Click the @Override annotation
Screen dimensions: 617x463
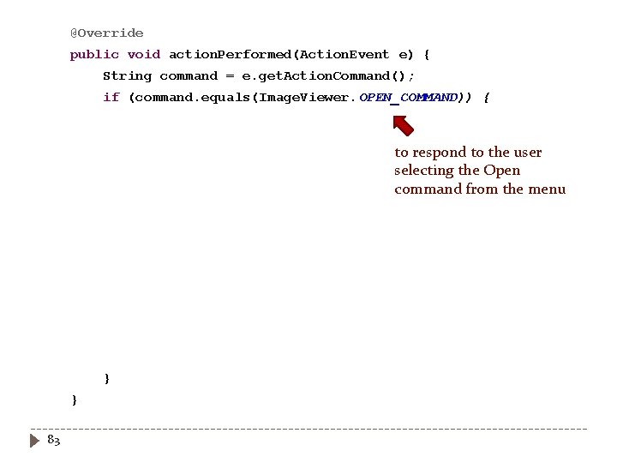tap(107, 33)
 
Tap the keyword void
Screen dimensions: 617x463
tap(144, 54)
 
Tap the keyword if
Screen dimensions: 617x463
tap(111, 97)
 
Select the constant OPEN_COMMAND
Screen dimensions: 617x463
tap(408, 97)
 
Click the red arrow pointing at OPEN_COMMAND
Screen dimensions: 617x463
tap(403, 125)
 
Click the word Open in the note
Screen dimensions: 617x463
tap(501, 171)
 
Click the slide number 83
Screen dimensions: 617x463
tap(53, 440)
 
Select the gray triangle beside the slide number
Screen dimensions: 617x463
tap(35, 441)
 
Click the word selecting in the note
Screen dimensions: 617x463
tap(424, 171)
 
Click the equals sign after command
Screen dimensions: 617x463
tap(230, 75)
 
